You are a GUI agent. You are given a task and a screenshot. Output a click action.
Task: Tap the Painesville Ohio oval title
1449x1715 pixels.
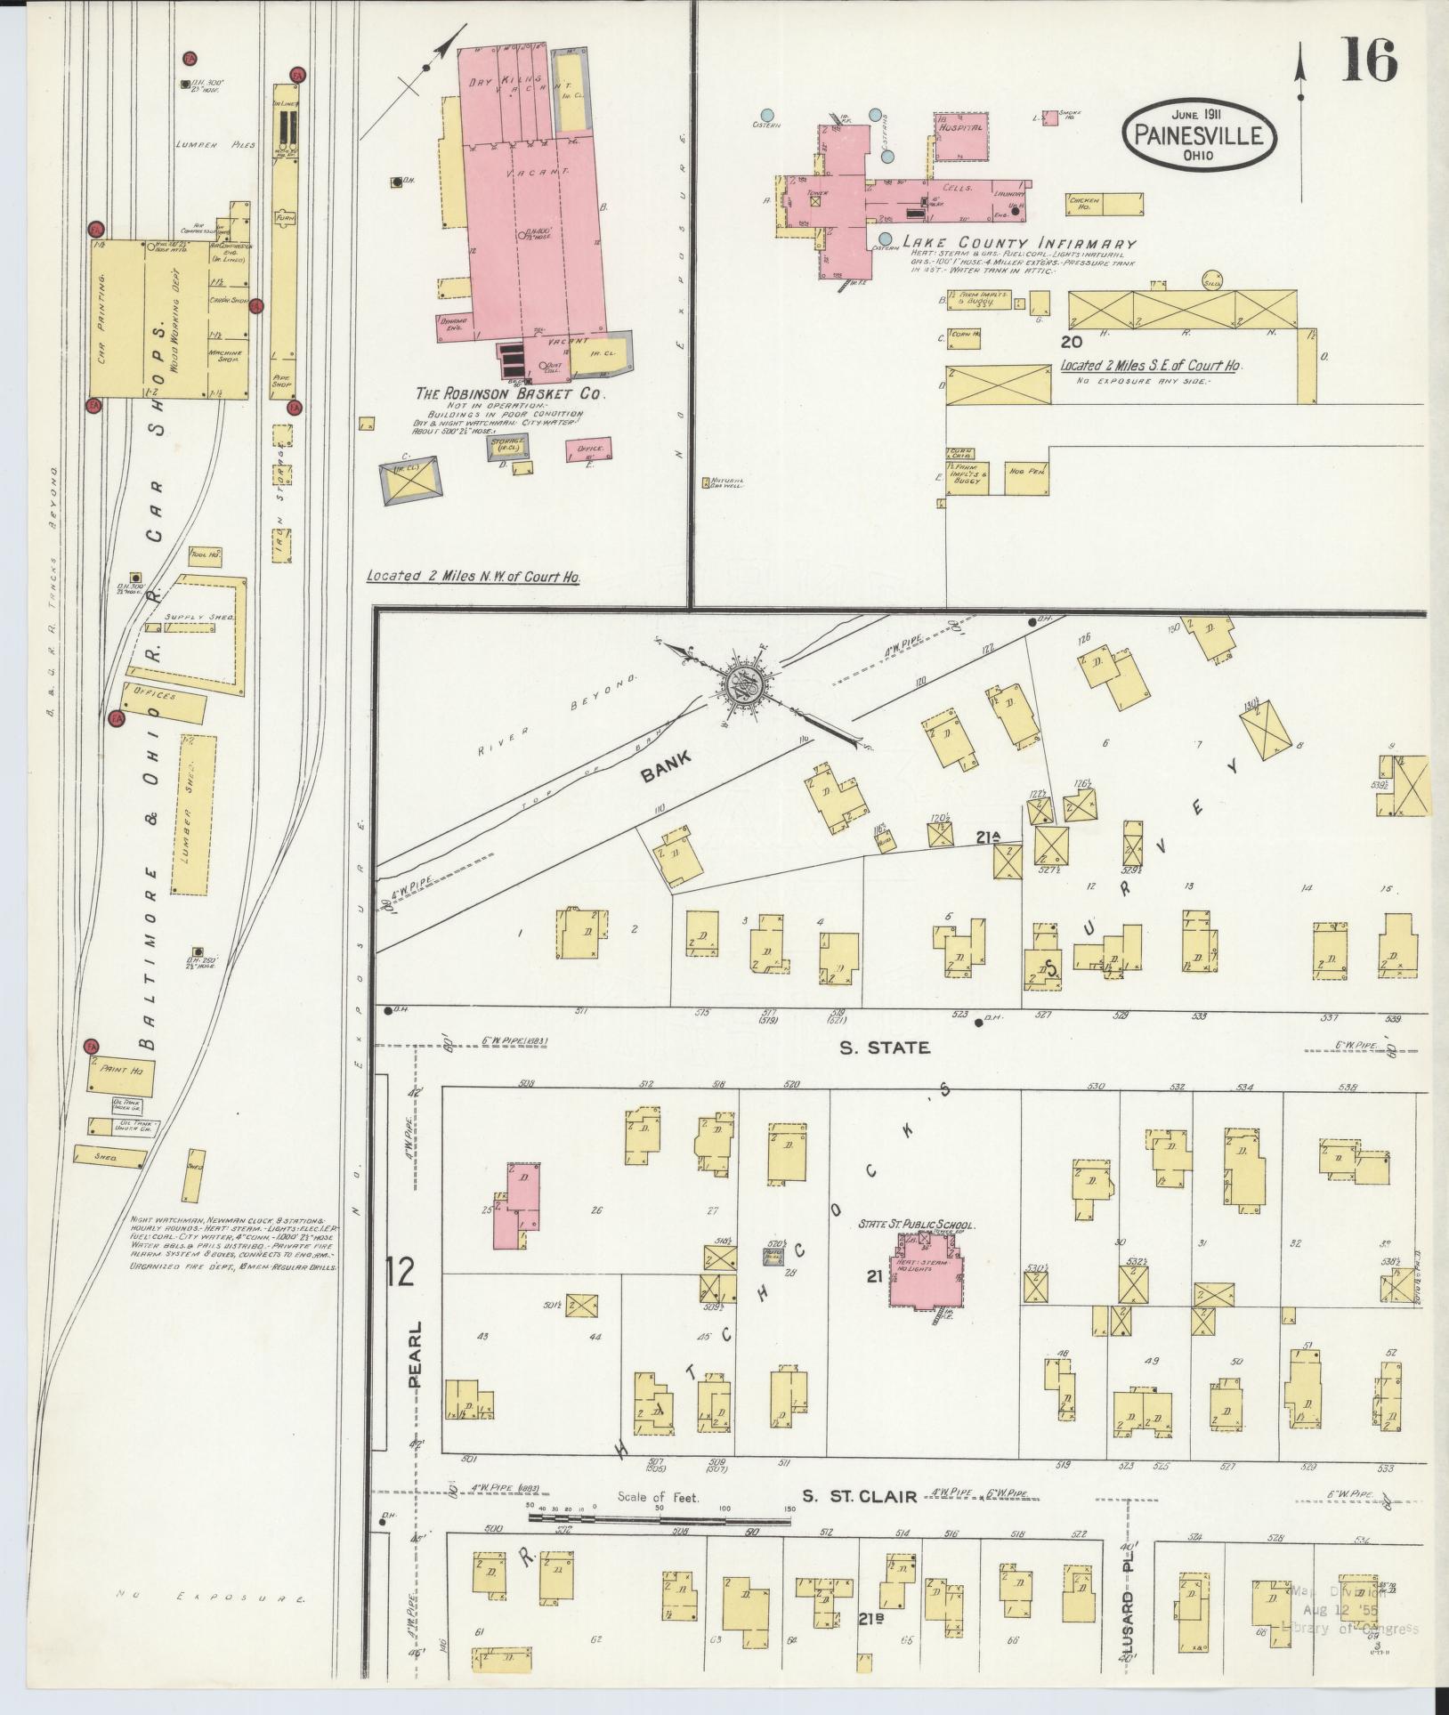(1199, 136)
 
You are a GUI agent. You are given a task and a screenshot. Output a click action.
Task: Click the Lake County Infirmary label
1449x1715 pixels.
(1019, 243)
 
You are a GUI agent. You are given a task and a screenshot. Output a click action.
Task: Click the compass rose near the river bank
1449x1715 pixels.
(741, 686)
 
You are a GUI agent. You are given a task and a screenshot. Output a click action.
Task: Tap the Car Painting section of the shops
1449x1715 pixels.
(110, 318)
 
